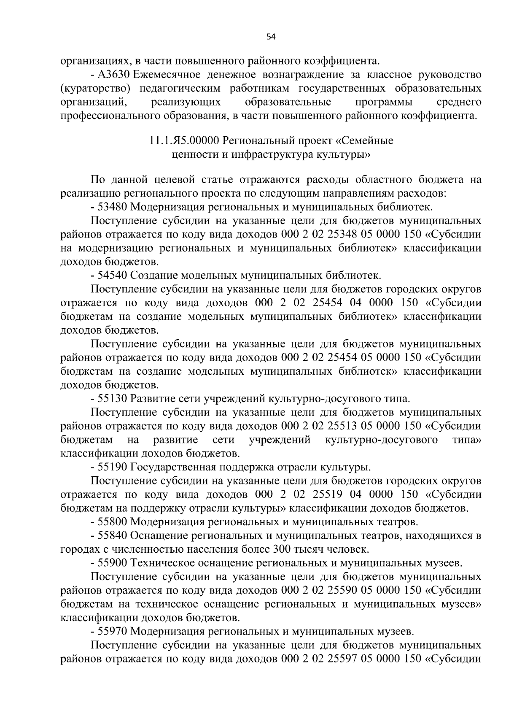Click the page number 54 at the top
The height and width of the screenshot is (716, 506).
(x=271, y=37)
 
